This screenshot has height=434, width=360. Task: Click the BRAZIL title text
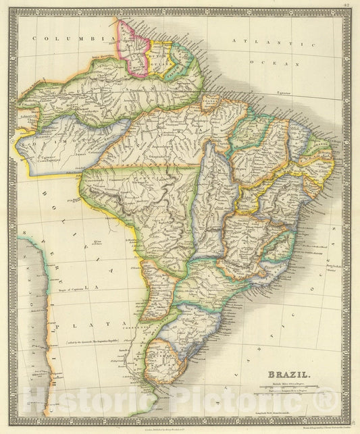click(290, 373)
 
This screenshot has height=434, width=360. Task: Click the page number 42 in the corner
click(345, 6)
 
